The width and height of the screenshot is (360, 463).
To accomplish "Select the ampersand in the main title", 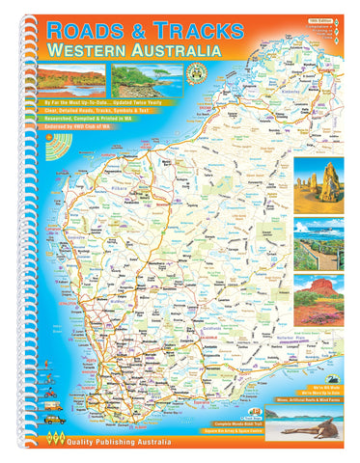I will [144, 29].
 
